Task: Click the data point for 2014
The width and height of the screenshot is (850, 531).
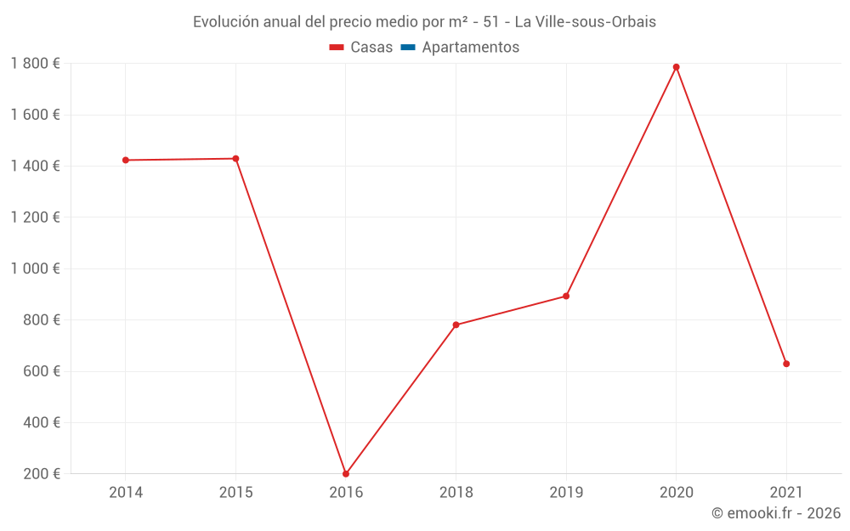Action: click(126, 160)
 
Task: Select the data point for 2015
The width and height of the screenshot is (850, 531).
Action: click(235, 159)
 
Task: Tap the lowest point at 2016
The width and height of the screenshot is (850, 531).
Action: click(346, 474)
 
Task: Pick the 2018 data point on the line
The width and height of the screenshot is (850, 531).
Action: click(456, 325)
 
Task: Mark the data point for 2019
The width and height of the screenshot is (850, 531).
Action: click(566, 297)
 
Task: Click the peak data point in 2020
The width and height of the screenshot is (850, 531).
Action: click(677, 67)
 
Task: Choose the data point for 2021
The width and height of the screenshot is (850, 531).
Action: click(786, 364)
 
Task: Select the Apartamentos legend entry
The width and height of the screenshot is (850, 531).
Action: click(470, 48)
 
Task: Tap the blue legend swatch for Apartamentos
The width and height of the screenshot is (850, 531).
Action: click(407, 48)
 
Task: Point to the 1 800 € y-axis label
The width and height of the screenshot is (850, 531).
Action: click(35, 64)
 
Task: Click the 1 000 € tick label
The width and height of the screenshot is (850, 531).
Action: click(35, 268)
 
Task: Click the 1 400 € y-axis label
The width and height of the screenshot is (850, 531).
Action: click(35, 167)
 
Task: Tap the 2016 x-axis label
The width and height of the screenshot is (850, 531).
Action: click(346, 492)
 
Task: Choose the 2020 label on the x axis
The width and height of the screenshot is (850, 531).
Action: click(677, 492)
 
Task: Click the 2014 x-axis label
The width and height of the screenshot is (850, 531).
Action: click(126, 492)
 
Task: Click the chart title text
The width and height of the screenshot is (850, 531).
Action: click(424, 22)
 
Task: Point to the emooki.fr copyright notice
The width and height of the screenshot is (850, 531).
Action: click(775, 513)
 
